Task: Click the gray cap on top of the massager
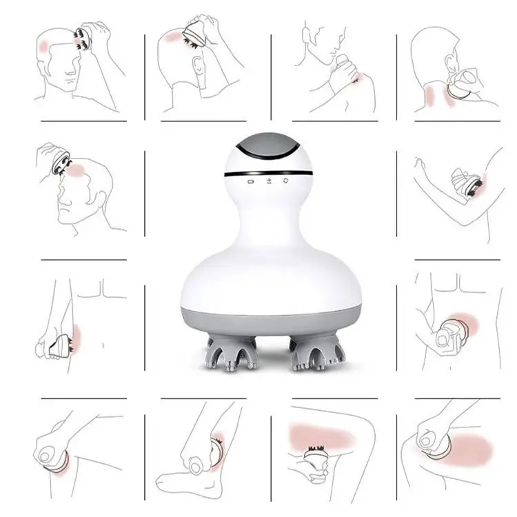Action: tap(269, 150)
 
